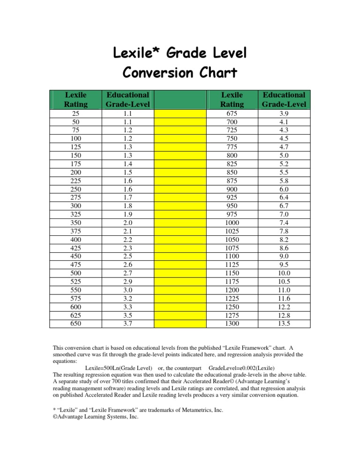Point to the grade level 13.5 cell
click(x=285, y=323)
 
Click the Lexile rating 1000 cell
click(x=232, y=223)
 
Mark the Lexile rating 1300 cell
click(x=232, y=323)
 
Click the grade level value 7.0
click(x=285, y=214)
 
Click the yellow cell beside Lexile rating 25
click(x=180, y=114)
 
